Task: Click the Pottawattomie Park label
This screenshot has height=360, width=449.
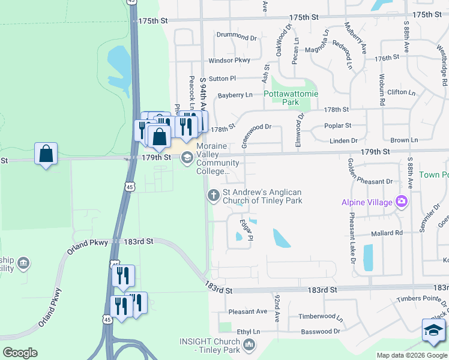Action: point(291,98)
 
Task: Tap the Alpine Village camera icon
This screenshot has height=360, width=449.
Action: point(401,202)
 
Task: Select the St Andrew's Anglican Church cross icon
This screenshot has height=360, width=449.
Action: point(213,195)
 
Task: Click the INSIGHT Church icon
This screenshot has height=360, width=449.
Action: point(250,346)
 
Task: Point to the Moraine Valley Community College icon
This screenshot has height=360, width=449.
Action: point(187,157)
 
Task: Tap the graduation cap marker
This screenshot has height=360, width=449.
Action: point(433,331)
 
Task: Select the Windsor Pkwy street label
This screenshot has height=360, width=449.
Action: point(229,61)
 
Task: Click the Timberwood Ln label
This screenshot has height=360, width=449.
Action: point(321,317)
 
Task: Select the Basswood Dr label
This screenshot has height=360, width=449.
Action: point(320,331)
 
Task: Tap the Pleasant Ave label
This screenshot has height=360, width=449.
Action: point(248,311)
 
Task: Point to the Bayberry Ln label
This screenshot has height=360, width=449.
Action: point(235,95)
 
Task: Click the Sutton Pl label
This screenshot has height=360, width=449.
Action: point(223,79)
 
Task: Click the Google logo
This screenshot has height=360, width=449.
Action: point(20,353)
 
